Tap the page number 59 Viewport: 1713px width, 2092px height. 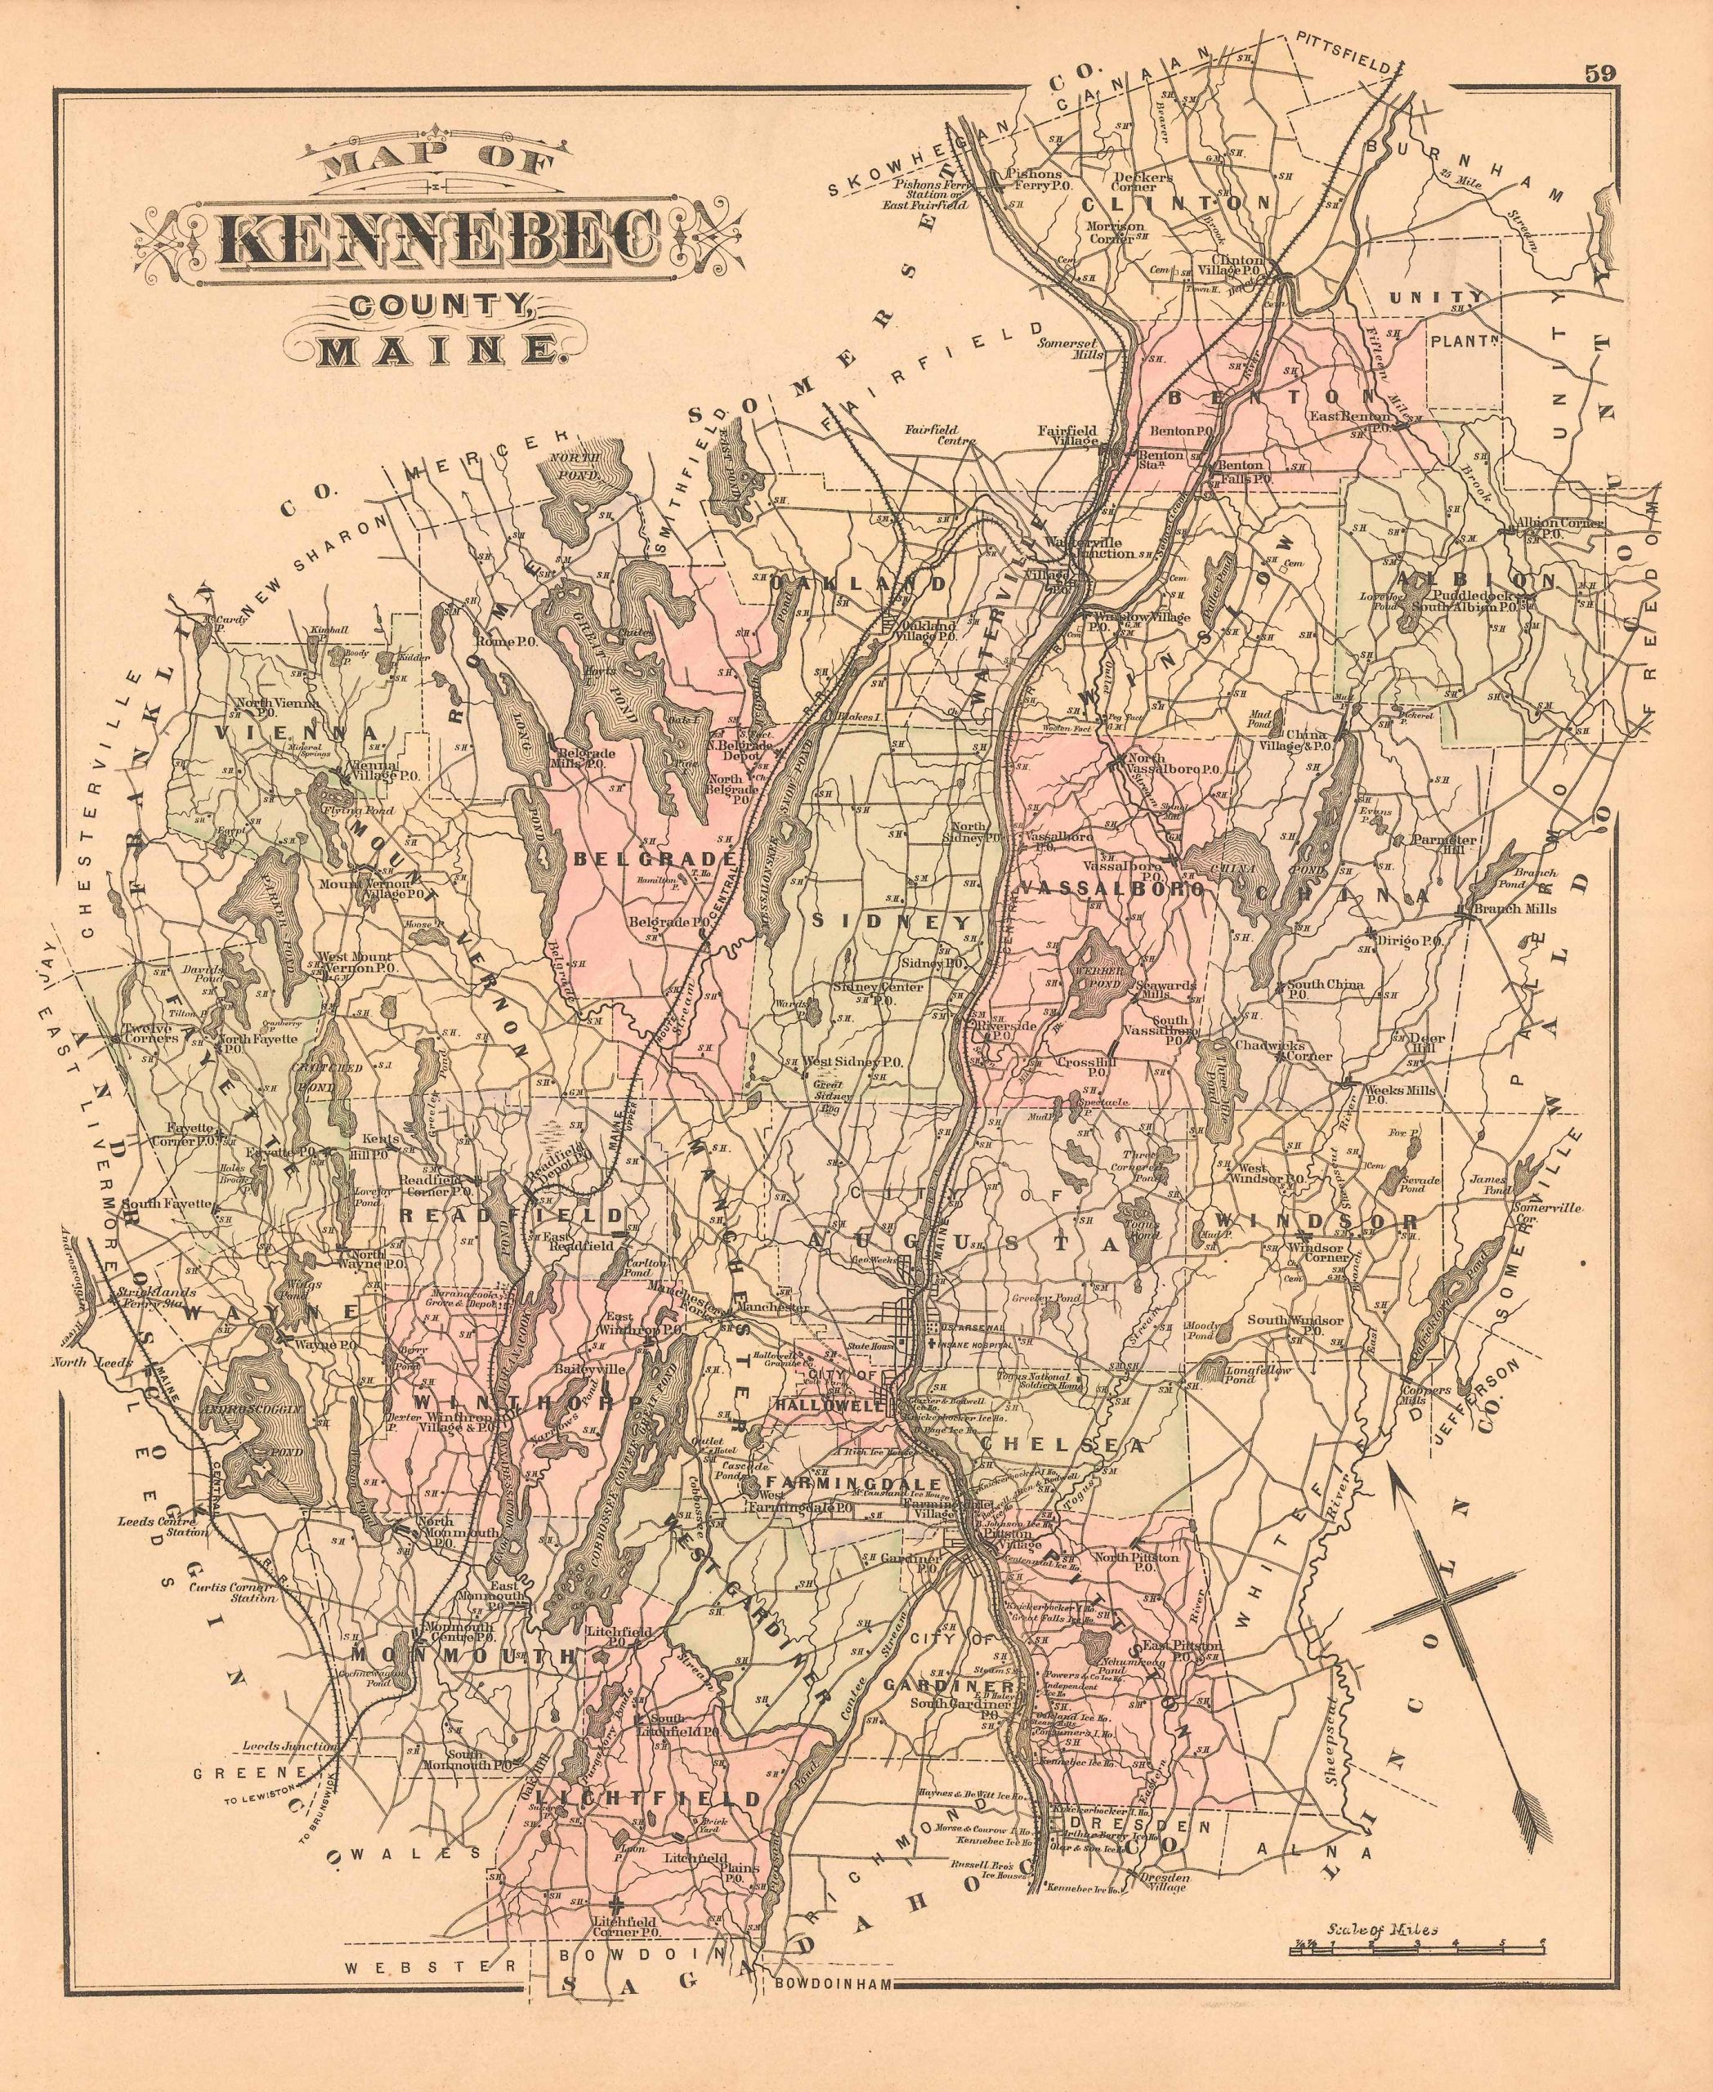pos(1599,74)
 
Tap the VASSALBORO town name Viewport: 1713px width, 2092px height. pos(1110,889)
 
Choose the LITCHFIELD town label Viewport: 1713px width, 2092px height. pos(661,1798)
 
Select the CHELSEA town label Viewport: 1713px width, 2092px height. pos(1062,1446)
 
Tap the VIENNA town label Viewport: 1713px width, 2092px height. pos(295,734)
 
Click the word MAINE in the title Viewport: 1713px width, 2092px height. pos(434,349)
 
